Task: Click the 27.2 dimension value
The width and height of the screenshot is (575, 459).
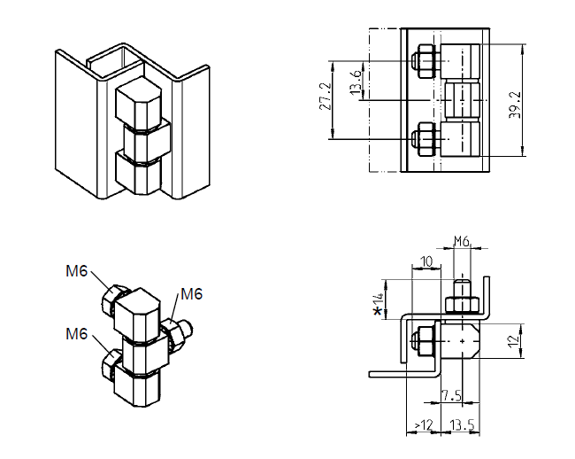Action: [323, 97]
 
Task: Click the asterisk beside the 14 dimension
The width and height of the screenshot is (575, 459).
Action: [379, 311]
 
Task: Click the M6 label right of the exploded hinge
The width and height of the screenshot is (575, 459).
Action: [192, 294]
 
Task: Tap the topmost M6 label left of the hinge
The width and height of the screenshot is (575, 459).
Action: [77, 271]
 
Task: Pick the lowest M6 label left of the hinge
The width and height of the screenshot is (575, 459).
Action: [77, 333]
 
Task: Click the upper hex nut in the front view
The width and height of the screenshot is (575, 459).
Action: [424, 60]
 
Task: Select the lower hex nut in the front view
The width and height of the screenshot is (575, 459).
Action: [424, 139]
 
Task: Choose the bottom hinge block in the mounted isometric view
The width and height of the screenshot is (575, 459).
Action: [138, 174]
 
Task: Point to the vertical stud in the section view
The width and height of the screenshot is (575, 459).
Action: [461, 292]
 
